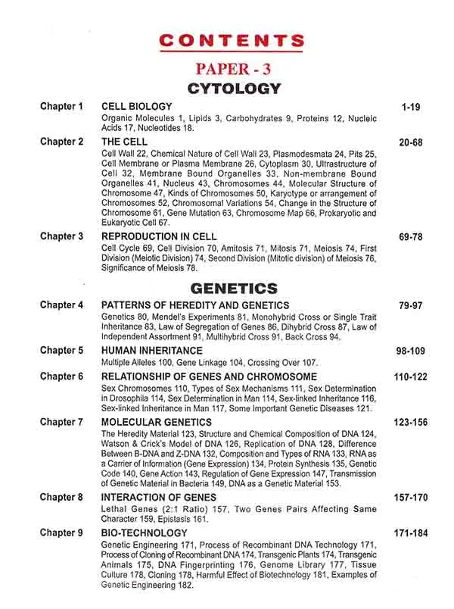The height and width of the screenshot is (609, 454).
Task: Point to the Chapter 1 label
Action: pyautogui.click(x=62, y=107)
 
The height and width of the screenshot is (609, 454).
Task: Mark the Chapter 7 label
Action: pyautogui.click(x=62, y=421)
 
